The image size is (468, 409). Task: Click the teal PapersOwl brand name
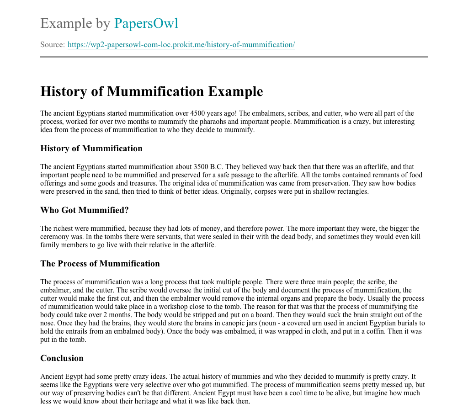146,23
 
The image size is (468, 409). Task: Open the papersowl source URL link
181,45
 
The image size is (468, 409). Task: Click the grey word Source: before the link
53,45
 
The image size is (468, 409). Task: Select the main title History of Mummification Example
152,91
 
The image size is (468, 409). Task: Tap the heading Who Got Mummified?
85,210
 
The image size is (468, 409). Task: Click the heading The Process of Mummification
100,264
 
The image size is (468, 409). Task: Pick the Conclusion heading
62,358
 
